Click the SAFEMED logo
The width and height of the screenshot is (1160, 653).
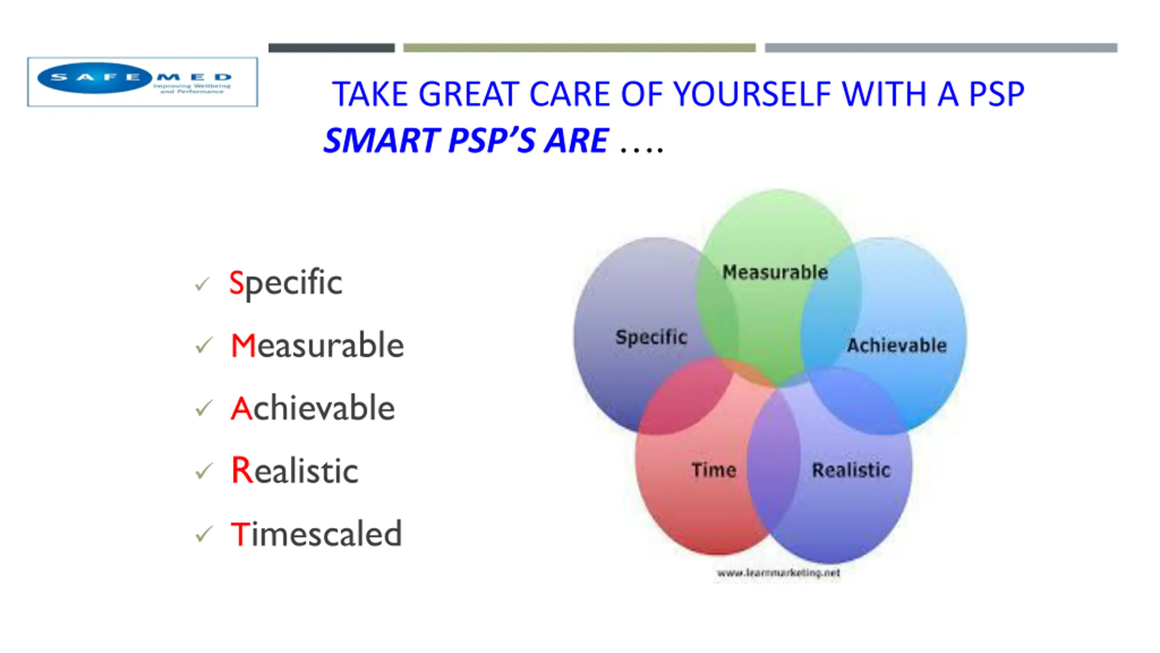142,82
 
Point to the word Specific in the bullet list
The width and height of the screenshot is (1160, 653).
285,283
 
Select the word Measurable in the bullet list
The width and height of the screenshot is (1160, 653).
317,346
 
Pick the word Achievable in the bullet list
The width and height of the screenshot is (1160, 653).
313,408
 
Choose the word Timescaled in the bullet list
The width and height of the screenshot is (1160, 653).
316,533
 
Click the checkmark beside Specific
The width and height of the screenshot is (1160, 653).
203,284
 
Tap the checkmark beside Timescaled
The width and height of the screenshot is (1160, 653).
204,534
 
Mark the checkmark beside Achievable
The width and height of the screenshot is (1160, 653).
204,408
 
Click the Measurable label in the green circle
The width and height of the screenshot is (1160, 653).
775,272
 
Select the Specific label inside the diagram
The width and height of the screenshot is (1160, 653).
652,337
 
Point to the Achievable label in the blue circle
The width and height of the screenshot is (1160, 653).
897,346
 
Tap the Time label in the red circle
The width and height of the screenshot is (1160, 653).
714,470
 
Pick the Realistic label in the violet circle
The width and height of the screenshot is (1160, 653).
851,470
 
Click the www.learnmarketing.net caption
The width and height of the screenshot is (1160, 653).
778,573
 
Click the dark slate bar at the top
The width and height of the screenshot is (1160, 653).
332,48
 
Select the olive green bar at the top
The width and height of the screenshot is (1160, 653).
580,48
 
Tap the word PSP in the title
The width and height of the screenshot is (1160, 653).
996,94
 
